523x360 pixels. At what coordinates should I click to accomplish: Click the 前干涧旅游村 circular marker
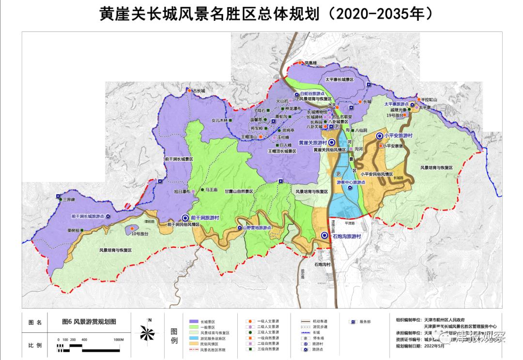coord(185,218)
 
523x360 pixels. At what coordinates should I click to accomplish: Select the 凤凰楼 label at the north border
coord(310,63)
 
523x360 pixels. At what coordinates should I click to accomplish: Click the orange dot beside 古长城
coord(189,90)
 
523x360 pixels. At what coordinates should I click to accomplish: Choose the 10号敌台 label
coord(138,234)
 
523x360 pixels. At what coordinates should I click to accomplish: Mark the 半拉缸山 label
coord(429,99)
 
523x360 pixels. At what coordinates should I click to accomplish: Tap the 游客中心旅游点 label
coord(350,182)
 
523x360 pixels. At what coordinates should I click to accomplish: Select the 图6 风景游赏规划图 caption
coord(89,321)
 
